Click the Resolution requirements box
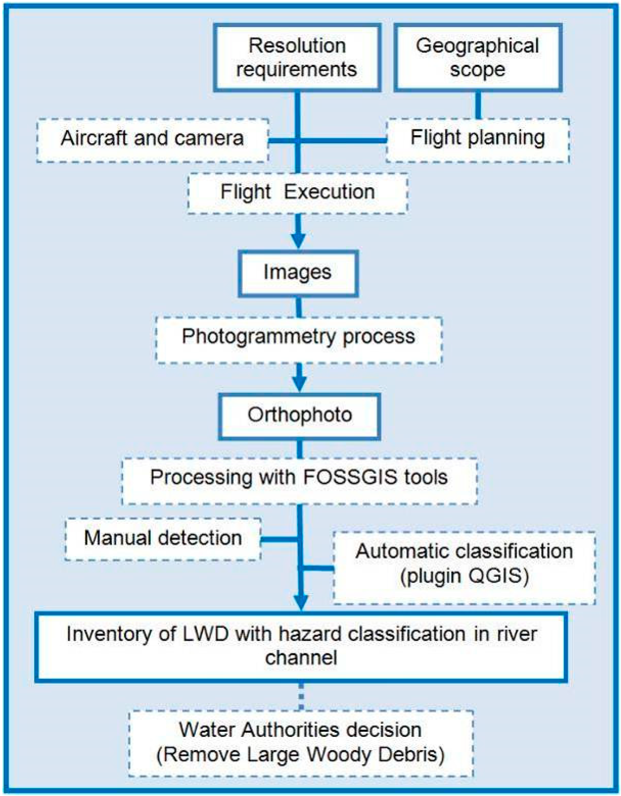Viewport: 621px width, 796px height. [297, 58]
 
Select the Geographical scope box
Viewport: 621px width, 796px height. [478, 58]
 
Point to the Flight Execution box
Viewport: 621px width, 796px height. [298, 193]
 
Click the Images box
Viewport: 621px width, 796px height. [298, 273]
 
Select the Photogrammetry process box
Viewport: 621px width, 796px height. [299, 337]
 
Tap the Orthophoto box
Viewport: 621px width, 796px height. [299, 415]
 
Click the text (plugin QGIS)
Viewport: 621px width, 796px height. [465, 576]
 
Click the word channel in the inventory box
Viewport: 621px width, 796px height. [301, 658]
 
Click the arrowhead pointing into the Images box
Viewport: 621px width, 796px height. [298, 242]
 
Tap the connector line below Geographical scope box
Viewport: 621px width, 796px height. [478, 105]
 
